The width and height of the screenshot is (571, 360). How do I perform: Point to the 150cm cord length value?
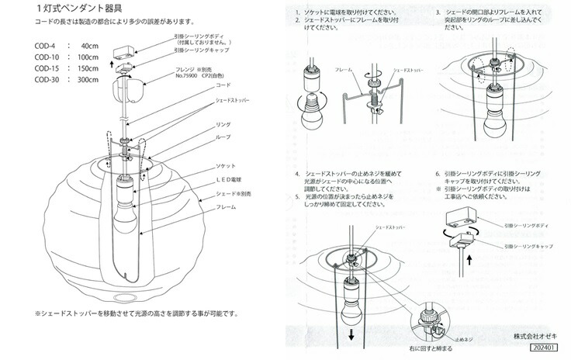(88, 68)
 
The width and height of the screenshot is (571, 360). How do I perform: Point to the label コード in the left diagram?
(223, 85)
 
